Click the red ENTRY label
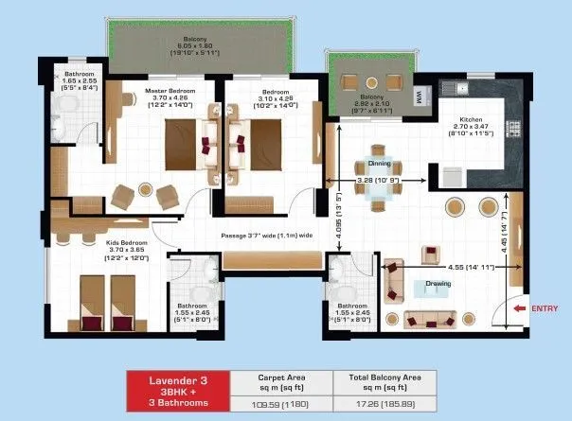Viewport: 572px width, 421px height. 545,307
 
